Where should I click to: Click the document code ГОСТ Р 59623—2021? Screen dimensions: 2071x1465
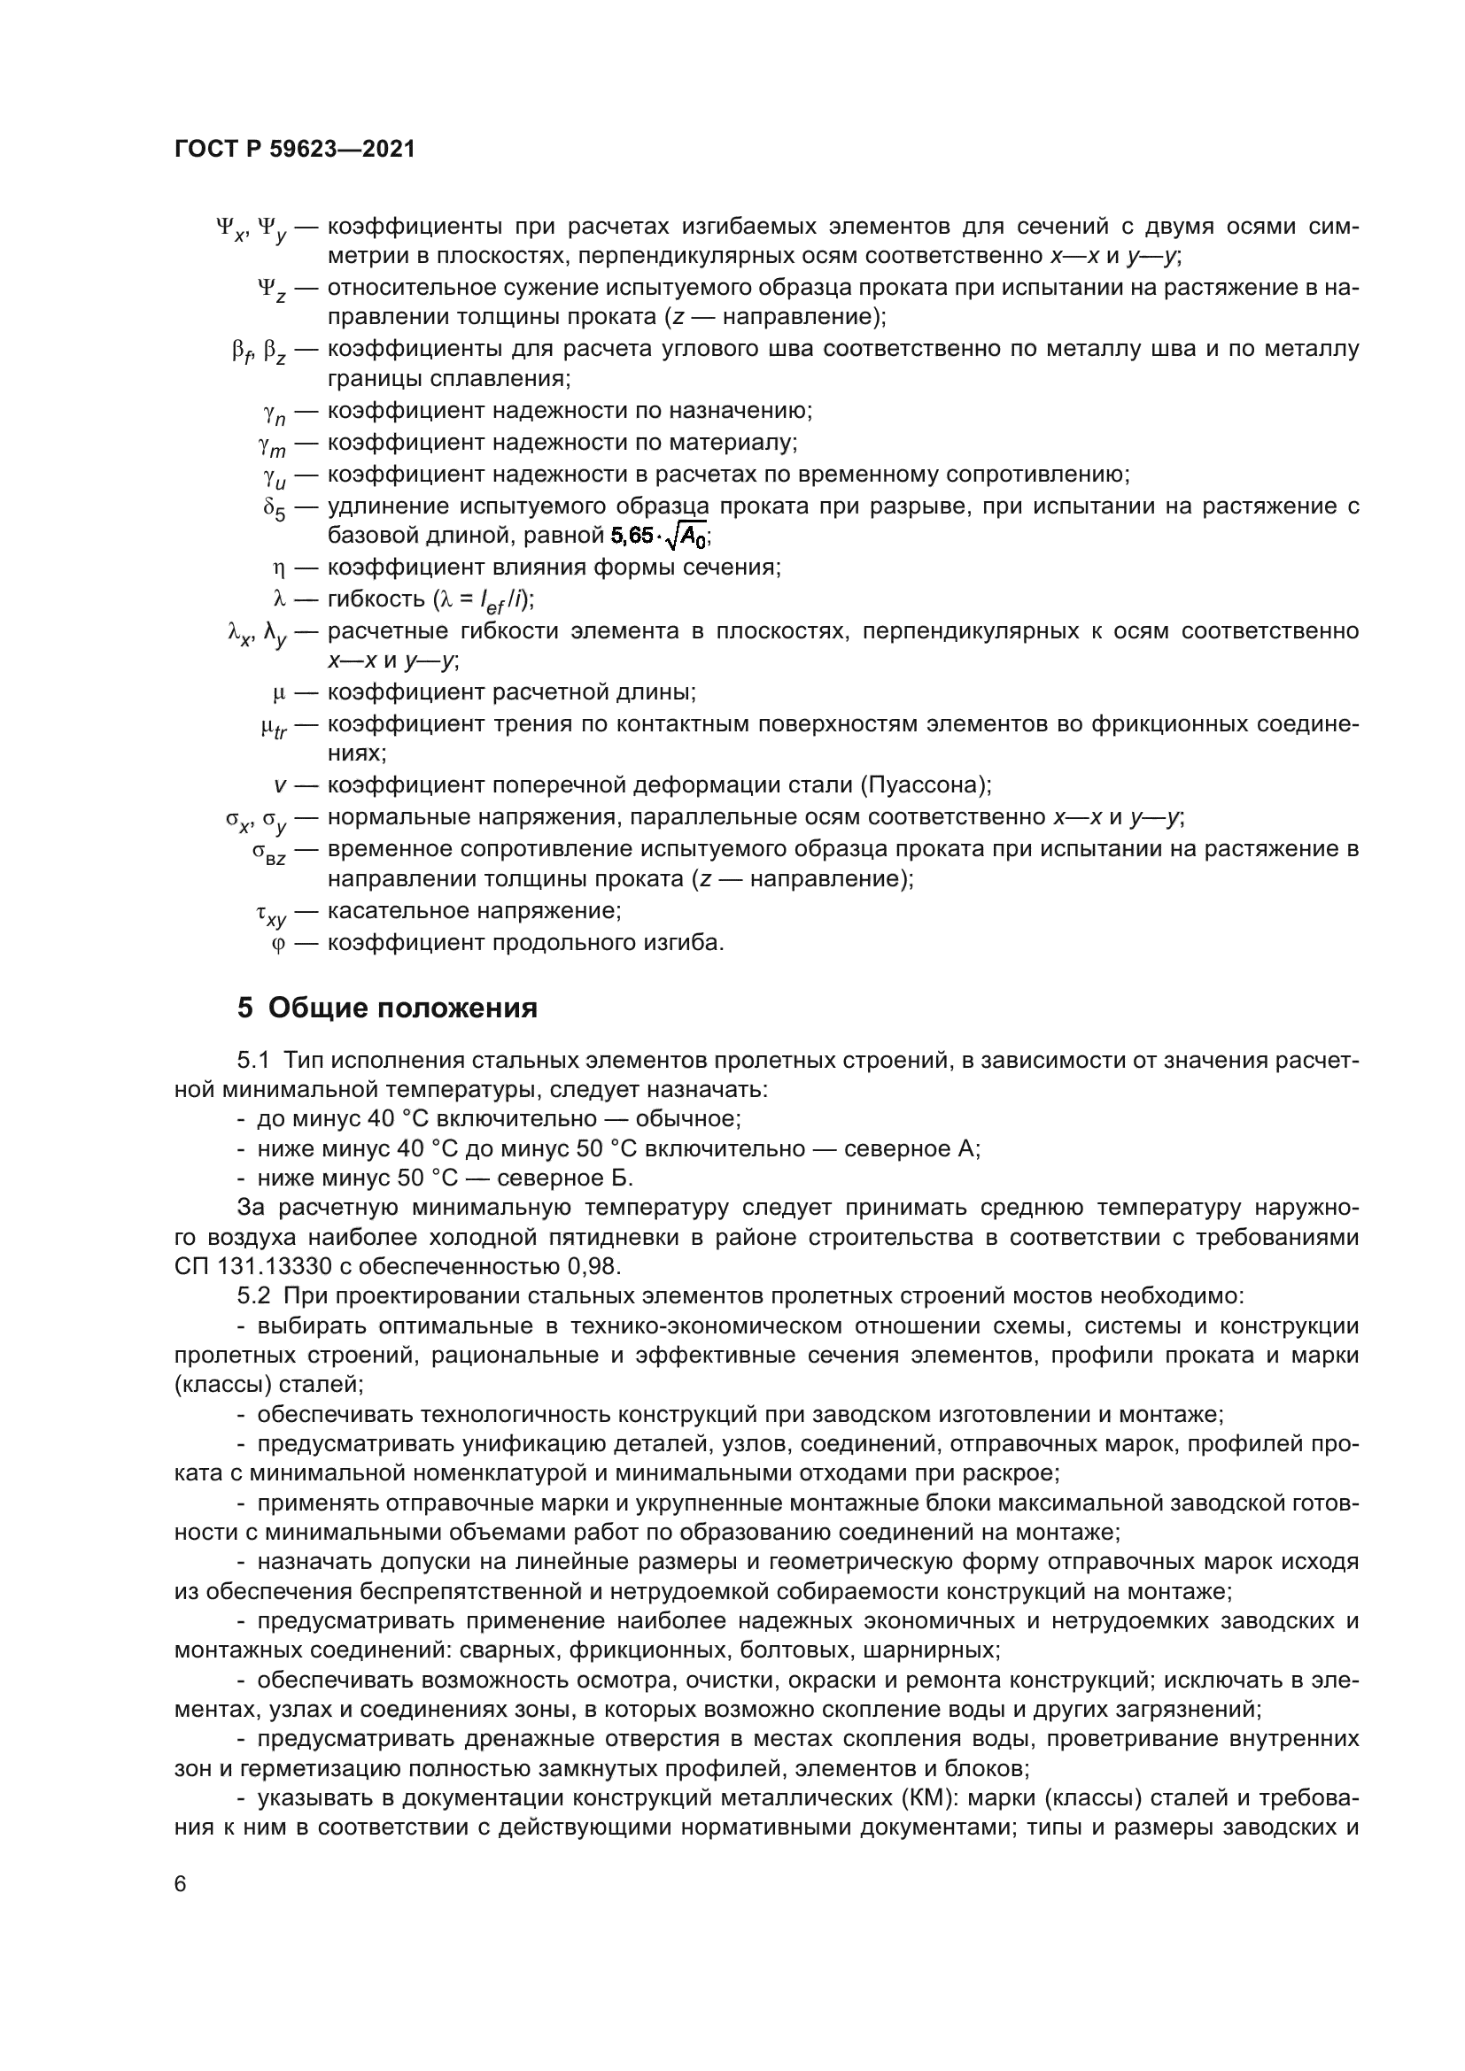point(295,150)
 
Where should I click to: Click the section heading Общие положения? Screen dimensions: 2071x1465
point(401,1008)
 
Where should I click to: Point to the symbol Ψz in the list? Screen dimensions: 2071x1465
point(272,290)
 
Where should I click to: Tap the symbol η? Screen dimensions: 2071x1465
point(279,568)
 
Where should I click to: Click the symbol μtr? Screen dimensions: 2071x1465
point(273,727)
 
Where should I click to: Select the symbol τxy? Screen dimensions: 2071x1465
point(271,915)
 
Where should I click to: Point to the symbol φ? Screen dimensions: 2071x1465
point(278,945)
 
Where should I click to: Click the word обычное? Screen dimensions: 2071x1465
point(687,1119)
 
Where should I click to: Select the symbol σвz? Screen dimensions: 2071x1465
point(269,853)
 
